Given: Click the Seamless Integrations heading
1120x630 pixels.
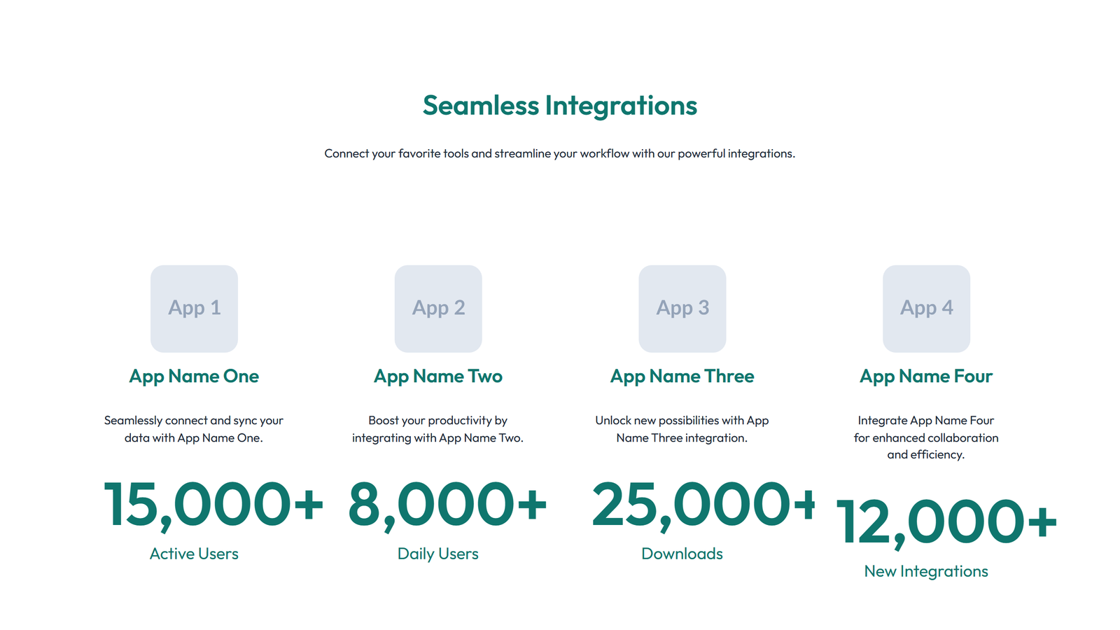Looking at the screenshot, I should [560, 106].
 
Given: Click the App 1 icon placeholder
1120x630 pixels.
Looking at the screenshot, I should [194, 308].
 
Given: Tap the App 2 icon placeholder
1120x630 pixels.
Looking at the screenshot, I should [438, 308].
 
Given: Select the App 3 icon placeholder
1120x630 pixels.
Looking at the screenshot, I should [682, 308].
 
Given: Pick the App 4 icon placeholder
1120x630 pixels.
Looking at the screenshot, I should [926, 308].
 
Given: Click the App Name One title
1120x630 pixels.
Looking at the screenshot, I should [194, 376].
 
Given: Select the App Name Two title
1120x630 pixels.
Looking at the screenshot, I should [438, 376].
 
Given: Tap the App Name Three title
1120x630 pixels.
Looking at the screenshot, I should [682, 376].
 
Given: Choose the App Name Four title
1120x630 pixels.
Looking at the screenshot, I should [926, 376].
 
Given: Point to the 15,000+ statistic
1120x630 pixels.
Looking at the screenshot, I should [213, 505].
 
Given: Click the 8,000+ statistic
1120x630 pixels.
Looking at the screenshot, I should [447, 505].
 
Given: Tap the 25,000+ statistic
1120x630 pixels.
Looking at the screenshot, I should [703, 505].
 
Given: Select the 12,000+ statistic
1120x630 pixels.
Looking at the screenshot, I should [946, 522].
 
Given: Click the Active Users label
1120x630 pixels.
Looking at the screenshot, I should [194, 554].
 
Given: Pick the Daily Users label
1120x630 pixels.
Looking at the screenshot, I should [438, 554].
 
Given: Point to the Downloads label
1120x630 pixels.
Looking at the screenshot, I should [682, 554].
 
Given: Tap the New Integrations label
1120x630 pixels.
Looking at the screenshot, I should [926, 571].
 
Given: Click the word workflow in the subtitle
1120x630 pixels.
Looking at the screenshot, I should [605, 153].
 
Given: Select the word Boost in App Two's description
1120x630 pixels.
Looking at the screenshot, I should [384, 420].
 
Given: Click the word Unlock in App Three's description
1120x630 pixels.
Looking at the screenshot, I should [613, 420].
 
